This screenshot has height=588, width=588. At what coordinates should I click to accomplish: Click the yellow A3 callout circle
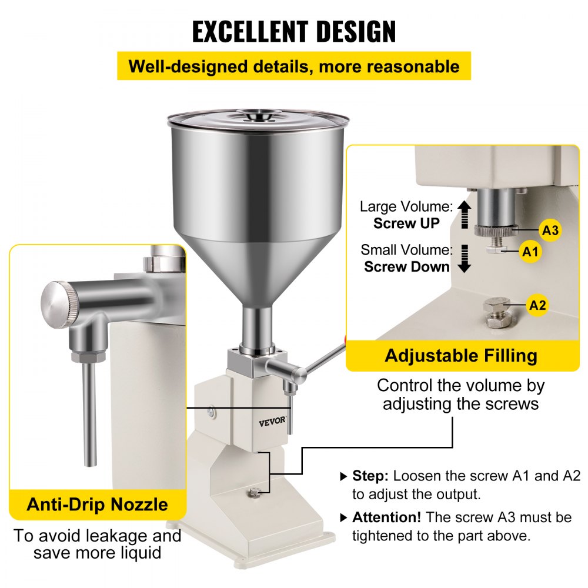[x=550, y=230]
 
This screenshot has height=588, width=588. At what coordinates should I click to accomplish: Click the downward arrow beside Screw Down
[x=465, y=258]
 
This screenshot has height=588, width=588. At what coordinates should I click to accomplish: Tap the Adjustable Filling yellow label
[x=462, y=356]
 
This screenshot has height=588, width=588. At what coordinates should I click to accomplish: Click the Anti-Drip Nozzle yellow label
[x=97, y=505]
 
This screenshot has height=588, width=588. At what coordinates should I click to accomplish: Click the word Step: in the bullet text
[x=370, y=476]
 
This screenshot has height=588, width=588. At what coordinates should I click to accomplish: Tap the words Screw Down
[x=406, y=266]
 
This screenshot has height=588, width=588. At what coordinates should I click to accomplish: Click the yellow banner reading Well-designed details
[x=294, y=66]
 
